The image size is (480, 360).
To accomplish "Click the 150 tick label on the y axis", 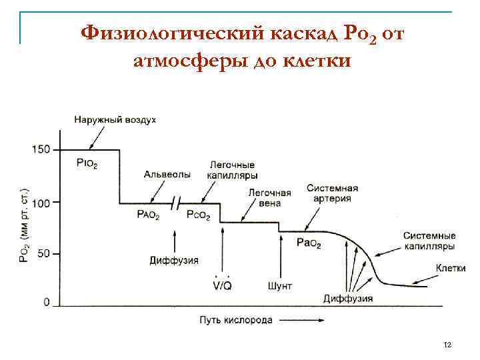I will tap(41, 149).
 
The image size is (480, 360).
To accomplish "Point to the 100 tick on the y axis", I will tap(41, 203).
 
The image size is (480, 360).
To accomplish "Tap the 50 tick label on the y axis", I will tap(43, 254).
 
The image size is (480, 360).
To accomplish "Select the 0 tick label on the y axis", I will tap(47, 303).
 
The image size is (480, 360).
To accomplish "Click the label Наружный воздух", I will tap(115, 119).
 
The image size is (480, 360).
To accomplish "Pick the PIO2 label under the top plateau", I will tap(87, 165).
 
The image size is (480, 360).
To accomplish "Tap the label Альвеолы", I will tap(167, 174).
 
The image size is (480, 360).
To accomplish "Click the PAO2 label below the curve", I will tap(149, 215).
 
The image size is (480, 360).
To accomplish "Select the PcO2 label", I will tap(199, 215).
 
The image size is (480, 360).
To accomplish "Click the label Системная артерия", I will tap(332, 193).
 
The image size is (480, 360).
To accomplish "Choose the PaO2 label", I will tap(309, 243).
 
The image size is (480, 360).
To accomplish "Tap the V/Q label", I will tap(222, 285).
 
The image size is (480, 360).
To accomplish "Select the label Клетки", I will tap(450, 267).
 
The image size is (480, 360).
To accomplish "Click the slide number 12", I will tap(447, 345).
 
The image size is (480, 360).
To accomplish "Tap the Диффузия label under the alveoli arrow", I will tap(174, 259).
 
